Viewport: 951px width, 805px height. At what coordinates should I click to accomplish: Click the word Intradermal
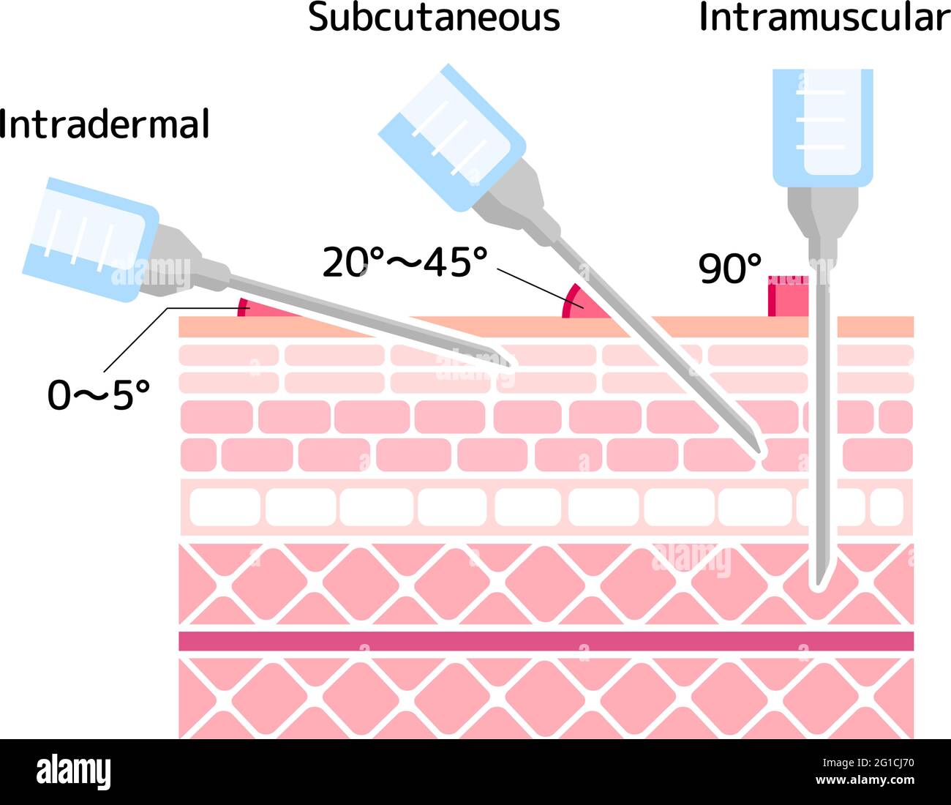point(104,124)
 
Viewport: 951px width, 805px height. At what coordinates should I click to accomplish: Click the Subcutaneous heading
point(434,18)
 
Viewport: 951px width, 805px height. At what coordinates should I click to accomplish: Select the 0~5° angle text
point(99,395)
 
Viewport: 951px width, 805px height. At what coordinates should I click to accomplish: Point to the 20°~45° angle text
point(405,261)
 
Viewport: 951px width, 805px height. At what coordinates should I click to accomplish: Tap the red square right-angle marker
point(788,296)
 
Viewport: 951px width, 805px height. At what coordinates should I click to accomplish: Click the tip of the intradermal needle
point(511,365)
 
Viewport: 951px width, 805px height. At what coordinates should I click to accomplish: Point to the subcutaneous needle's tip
point(759,452)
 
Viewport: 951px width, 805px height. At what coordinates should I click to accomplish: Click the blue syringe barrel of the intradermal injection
point(91,239)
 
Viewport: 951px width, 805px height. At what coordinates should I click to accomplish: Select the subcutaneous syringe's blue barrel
point(452,137)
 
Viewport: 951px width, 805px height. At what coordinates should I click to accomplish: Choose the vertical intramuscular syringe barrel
point(823,128)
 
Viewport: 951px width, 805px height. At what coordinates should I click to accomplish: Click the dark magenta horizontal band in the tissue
point(546,641)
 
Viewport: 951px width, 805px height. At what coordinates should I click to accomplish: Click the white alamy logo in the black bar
point(74,772)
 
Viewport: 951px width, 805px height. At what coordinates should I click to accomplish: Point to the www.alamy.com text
point(865,779)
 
